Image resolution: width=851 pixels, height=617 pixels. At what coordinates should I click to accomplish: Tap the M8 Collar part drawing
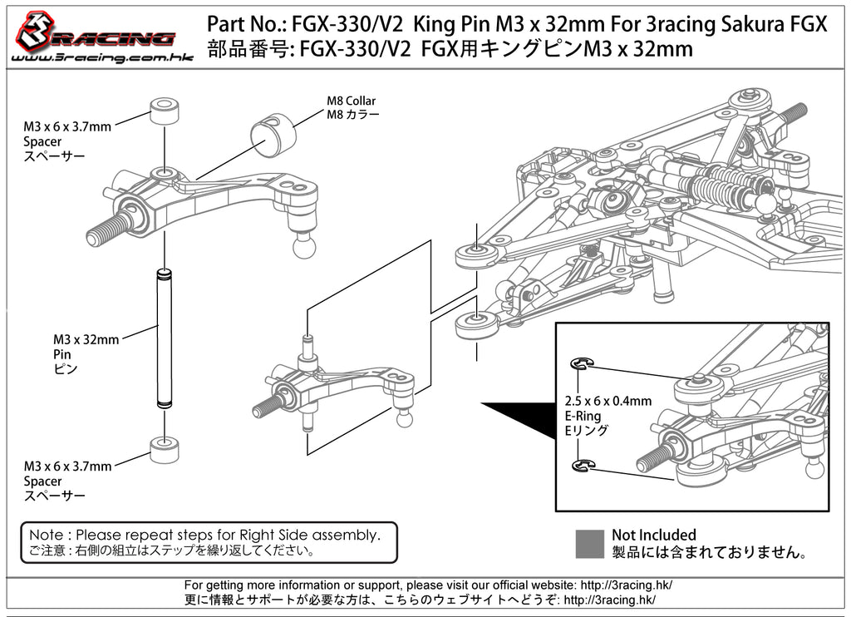[273, 134]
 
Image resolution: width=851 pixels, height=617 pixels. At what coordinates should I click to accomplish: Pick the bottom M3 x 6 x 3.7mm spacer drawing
[166, 447]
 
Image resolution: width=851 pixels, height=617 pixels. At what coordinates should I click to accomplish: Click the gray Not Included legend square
[589, 543]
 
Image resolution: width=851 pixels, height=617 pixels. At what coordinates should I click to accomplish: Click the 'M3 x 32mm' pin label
[86, 339]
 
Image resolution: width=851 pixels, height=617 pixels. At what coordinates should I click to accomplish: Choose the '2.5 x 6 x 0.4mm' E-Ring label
[608, 401]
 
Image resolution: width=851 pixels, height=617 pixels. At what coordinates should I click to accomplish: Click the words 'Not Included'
[653, 535]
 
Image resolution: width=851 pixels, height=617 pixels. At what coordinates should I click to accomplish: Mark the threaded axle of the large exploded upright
[106, 226]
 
